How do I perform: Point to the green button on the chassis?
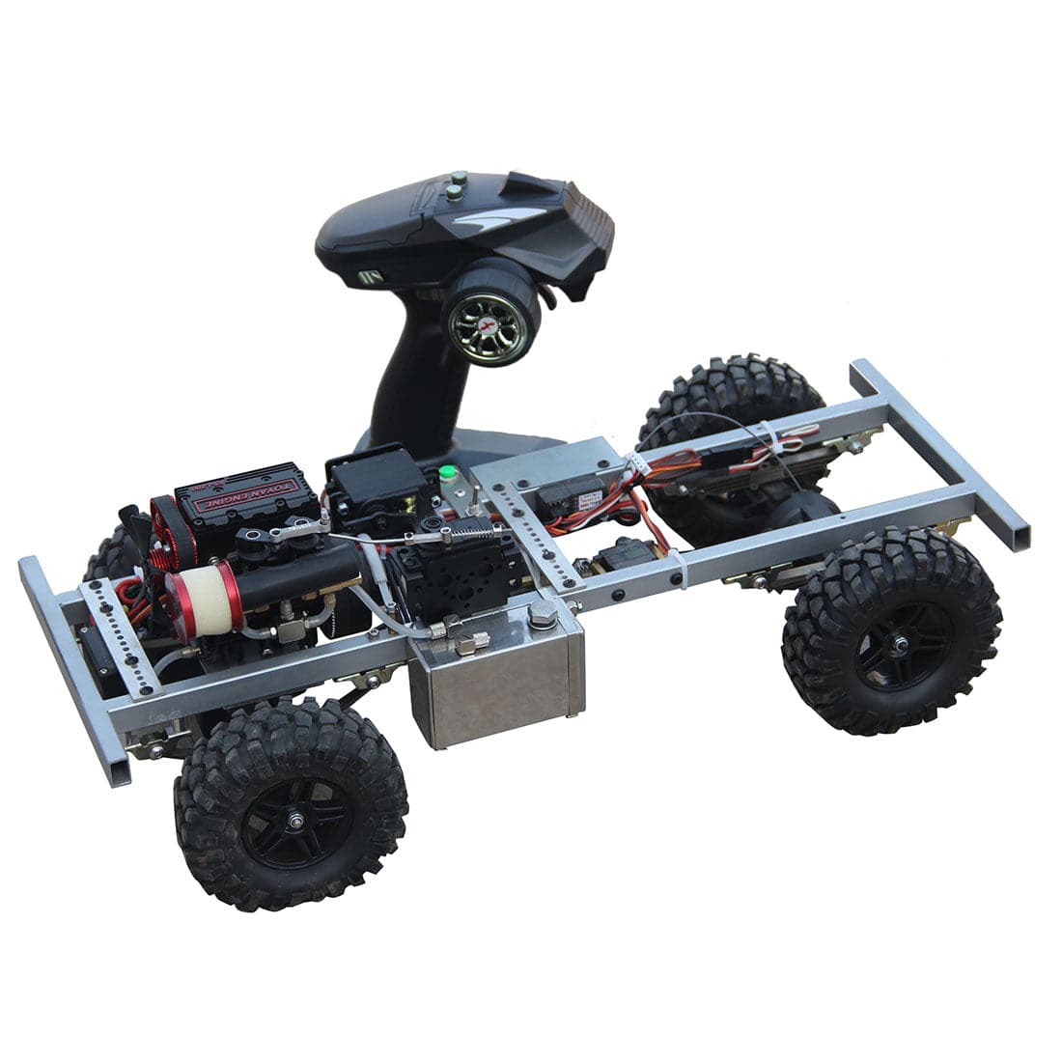click(447, 474)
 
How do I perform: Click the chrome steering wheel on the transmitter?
click(489, 314)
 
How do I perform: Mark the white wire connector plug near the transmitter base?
click(636, 463)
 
